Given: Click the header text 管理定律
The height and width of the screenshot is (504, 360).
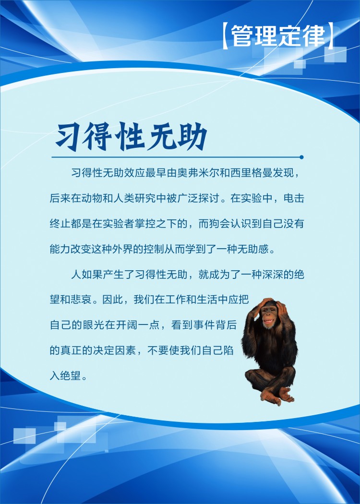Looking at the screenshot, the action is [278, 35].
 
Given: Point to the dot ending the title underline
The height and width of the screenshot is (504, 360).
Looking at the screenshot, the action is [301, 157].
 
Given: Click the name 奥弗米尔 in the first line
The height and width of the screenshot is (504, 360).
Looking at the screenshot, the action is [198, 173].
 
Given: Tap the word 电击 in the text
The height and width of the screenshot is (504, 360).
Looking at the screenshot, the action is [294, 198].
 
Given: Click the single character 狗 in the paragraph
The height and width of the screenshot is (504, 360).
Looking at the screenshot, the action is [215, 223].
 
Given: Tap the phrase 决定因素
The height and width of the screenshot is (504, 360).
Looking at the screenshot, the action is [114, 350].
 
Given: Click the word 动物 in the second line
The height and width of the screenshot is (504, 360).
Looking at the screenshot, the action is [92, 198].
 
